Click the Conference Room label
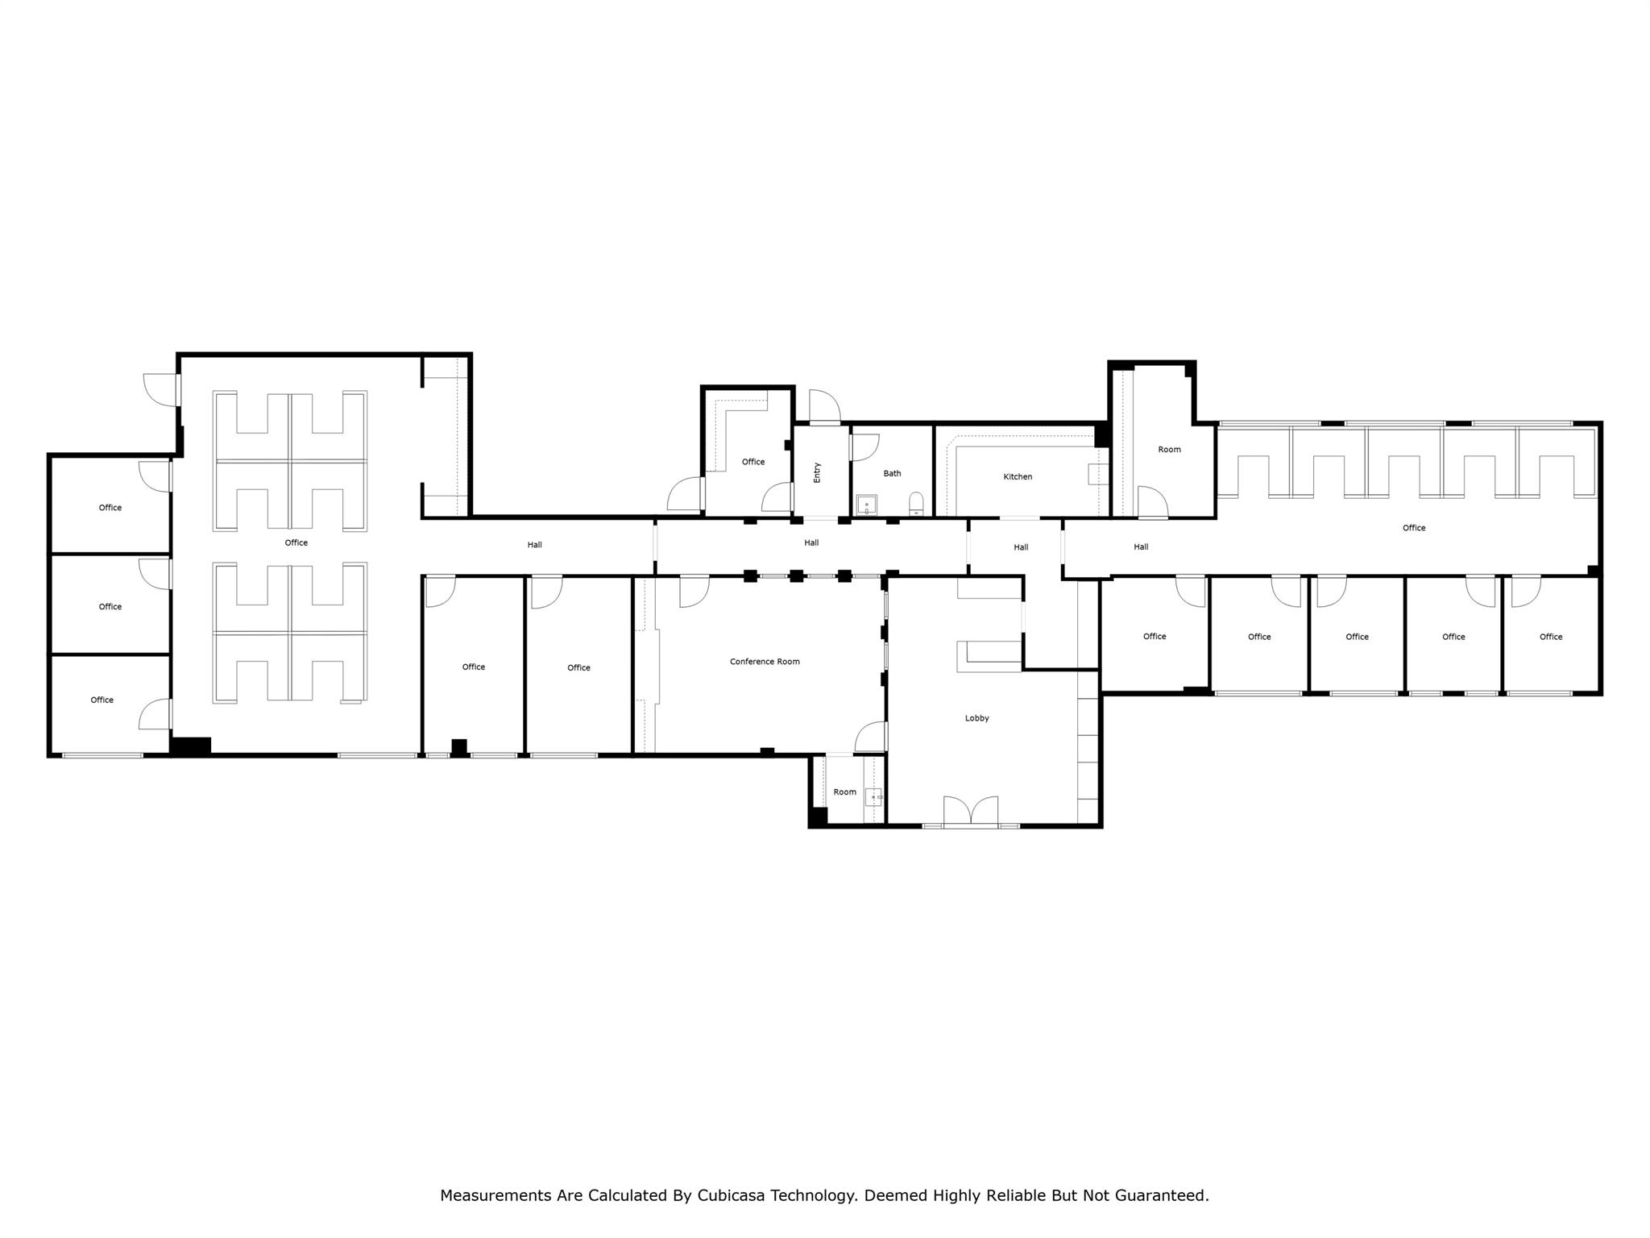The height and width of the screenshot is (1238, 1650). [765, 662]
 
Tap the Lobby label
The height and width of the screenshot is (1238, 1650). [976, 718]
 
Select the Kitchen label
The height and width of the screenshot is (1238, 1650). [1018, 477]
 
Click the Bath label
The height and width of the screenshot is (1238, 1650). [892, 474]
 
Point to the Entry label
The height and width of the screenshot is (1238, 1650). [817, 472]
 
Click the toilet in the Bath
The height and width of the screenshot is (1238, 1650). [916, 505]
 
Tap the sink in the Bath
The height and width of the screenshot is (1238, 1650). [867, 505]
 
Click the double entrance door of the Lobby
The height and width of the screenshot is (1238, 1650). [971, 811]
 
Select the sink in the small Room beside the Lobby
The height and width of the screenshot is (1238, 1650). [873, 797]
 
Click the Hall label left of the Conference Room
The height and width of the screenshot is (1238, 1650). [534, 545]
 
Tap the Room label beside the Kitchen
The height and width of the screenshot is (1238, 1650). [1169, 450]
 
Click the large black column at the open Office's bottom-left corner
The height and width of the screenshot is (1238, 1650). [191, 746]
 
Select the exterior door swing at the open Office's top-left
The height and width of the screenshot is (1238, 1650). [158, 388]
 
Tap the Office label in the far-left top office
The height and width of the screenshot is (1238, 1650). [110, 508]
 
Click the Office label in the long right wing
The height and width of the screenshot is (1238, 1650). [1413, 528]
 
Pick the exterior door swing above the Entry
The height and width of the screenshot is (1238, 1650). [824, 405]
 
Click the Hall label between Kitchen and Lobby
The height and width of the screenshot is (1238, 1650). [1020, 547]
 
